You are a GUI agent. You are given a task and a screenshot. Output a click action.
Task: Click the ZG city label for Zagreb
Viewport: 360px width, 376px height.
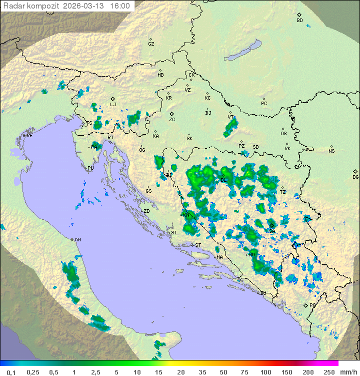point(172,120)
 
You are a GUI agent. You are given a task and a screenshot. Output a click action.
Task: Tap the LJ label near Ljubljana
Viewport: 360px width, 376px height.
point(113,105)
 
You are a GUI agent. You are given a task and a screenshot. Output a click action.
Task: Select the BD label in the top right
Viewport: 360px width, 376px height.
point(299,21)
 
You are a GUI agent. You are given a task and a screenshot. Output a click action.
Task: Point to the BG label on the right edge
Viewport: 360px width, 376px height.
point(355,177)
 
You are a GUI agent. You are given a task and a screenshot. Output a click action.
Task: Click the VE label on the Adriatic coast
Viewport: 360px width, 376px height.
point(29,136)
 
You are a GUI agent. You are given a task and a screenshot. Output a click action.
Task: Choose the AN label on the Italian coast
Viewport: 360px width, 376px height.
point(77,240)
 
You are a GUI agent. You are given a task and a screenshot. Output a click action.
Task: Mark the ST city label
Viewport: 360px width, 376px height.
point(198,245)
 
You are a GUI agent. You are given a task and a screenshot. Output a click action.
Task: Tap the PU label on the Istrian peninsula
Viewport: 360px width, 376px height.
point(90,168)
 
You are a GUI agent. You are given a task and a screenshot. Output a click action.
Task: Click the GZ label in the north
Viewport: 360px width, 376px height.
point(151,44)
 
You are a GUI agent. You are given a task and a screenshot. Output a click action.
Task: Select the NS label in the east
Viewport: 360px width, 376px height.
point(331,151)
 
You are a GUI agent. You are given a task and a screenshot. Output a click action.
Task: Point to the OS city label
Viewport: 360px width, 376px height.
point(283,134)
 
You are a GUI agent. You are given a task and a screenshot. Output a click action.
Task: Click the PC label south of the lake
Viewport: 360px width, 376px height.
point(264,104)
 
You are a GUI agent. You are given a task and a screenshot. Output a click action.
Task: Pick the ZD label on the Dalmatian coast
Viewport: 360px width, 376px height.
point(146,211)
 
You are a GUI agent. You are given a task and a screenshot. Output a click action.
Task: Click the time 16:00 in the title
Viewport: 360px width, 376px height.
point(120,6)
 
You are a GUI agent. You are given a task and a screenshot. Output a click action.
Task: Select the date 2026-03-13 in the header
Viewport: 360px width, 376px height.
point(84,6)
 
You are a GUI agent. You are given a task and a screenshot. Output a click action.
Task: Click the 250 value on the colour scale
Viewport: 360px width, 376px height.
point(329,372)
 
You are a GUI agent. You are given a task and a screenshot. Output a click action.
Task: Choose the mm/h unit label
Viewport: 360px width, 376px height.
point(348,372)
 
